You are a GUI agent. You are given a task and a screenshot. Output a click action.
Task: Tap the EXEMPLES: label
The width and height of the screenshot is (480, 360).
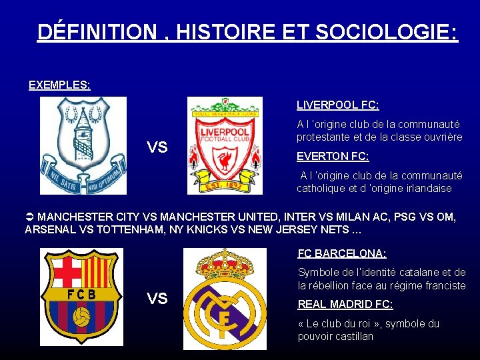pos(59,85)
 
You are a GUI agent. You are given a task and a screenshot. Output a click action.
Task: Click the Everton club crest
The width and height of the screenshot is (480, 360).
pos(83,145)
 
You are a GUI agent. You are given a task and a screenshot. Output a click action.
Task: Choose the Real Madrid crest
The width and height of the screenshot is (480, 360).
pos(225,300)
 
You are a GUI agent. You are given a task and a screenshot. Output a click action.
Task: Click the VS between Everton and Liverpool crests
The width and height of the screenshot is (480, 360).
pos(157,147)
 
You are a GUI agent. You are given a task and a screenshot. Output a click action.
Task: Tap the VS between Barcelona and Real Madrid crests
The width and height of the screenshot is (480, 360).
pos(157,298)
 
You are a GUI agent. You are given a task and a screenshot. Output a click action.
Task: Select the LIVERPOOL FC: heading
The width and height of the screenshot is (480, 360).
pos(337,105)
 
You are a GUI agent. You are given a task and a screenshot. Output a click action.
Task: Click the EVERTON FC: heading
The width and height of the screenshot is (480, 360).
pos(333,156)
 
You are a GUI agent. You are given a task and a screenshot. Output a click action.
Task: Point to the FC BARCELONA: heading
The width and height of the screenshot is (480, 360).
pos(342,253)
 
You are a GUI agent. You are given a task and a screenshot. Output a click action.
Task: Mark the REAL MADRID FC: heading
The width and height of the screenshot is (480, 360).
pos(345,304)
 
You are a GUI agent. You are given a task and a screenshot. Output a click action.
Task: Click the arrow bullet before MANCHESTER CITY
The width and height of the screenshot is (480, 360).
pos(29,217)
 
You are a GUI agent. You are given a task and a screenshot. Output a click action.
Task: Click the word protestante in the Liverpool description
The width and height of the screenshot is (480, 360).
pos(325,137)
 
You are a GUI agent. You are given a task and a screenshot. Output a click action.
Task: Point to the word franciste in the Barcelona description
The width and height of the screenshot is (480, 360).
pos(443,286)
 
